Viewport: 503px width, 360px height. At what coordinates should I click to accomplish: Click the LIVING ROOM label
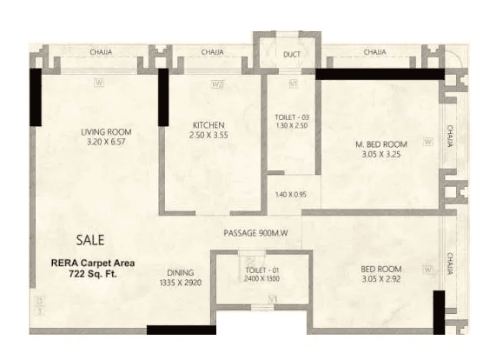106,132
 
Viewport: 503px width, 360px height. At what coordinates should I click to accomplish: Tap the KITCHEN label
209,125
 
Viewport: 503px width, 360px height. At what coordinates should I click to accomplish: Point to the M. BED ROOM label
381,143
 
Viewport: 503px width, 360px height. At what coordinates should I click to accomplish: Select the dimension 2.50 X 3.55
209,136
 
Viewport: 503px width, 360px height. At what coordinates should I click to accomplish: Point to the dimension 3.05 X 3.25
381,154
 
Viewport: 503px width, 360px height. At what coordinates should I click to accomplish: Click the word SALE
92,238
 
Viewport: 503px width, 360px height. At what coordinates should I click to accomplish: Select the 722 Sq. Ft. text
86,274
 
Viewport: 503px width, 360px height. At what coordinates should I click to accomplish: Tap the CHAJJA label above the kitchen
211,53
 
